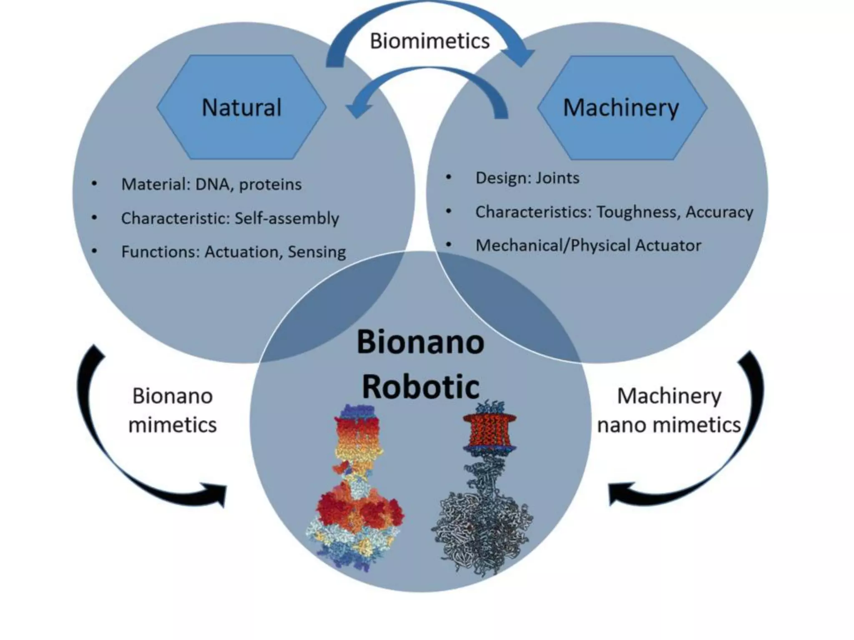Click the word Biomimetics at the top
(430, 41)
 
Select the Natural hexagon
(241, 107)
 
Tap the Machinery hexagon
(621, 107)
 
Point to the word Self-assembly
(287, 218)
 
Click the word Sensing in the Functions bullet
(316, 252)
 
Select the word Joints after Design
(558, 178)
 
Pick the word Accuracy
(719, 212)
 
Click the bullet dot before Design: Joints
(449, 177)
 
